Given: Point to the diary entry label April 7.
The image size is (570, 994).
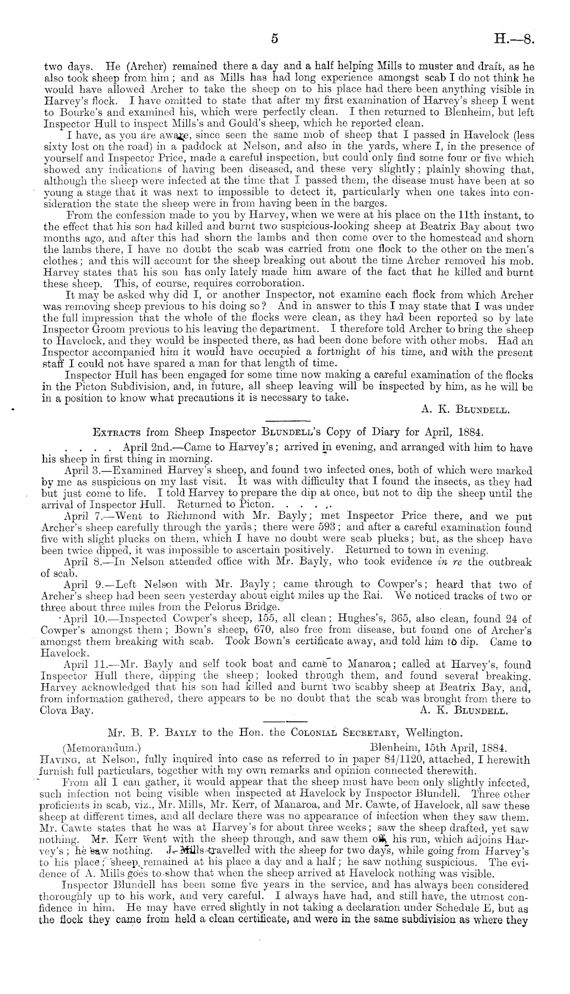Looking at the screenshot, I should [83, 517].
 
